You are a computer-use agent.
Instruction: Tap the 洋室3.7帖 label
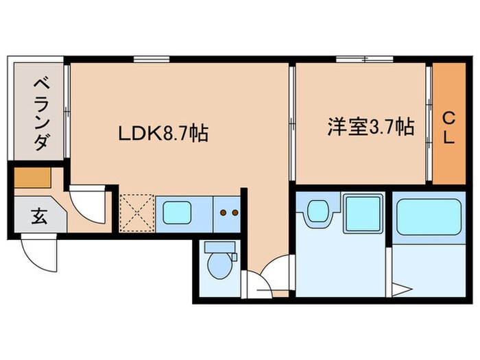point(370,127)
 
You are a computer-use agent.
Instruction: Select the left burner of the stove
point(224,213)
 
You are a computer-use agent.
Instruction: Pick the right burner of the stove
point(235,213)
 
